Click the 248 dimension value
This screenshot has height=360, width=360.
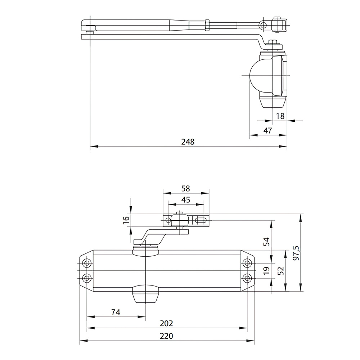[x=188, y=141]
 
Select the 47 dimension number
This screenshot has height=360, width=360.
[x=267, y=131]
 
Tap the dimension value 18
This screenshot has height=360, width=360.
[x=280, y=116]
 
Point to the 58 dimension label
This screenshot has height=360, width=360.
[x=186, y=188]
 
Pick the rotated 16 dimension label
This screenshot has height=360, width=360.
[x=125, y=220]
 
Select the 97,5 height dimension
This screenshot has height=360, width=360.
[x=296, y=253]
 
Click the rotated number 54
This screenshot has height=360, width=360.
[x=266, y=241]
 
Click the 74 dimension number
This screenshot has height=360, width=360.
[x=116, y=312]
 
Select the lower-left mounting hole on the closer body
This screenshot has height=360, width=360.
[x=86, y=278]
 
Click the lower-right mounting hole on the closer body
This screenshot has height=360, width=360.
[x=247, y=278]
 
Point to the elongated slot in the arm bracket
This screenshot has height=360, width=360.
[x=201, y=219]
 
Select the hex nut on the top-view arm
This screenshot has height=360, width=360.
[x=207, y=25]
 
